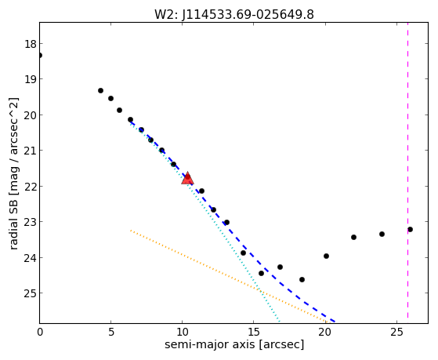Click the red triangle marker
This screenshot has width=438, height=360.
187,178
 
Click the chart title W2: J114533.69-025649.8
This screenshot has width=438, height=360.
234,14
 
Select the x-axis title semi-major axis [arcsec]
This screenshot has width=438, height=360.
234,344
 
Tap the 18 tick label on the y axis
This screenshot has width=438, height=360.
31,44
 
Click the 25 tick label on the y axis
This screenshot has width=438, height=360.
31,293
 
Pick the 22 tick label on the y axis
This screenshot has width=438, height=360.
31,187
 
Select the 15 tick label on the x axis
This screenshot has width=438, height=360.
254,332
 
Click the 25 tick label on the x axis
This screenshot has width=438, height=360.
396,332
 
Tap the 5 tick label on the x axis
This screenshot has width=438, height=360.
111,332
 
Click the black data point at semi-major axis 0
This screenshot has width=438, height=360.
40,56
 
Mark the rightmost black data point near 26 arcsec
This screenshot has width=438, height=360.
410,229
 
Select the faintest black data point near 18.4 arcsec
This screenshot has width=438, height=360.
302,279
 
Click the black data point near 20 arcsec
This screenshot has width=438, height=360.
326,256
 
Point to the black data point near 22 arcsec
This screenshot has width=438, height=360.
353,237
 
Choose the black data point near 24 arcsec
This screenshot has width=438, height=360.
382,234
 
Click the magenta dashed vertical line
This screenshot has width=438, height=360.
407,170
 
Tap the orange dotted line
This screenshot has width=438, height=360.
229,276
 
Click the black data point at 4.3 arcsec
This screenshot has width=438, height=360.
100,91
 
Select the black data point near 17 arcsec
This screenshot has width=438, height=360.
281,267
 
